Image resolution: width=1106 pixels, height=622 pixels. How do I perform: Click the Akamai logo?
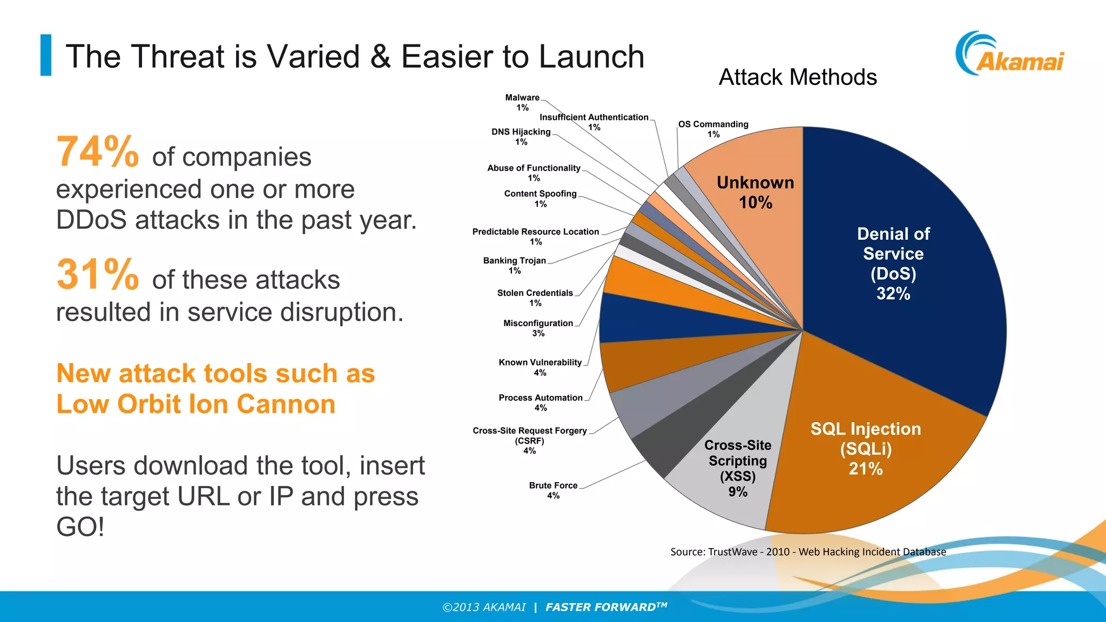point(1010,54)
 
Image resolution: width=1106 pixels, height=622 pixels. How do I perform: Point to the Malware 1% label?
point(522,103)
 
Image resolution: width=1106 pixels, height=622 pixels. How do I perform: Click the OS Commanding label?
point(713,129)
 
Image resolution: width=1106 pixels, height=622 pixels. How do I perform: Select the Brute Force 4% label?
point(554,490)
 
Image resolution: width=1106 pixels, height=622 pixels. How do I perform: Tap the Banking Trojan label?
point(515,265)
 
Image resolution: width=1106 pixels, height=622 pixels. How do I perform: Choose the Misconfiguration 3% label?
point(538,328)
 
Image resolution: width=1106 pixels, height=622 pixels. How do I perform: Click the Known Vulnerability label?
point(540,367)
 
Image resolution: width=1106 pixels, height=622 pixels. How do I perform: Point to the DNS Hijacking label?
point(521,137)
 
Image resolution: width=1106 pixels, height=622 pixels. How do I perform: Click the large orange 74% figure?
point(98,152)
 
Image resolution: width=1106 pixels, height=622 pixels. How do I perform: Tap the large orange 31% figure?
point(98,275)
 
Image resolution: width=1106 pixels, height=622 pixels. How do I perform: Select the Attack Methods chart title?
point(798,77)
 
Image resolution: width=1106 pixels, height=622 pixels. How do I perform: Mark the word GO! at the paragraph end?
point(80,527)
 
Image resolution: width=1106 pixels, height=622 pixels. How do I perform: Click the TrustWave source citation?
point(808,552)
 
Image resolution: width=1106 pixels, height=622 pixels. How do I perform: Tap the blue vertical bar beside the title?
point(46,55)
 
